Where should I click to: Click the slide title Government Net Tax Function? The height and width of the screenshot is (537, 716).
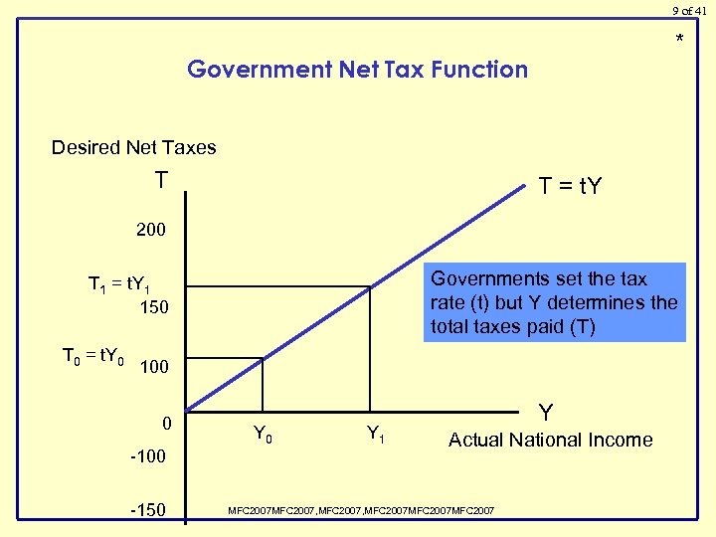pyautogui.click(x=357, y=70)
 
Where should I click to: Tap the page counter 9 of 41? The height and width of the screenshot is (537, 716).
pyautogui.click(x=690, y=10)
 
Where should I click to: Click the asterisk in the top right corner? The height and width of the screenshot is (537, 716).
pyautogui.click(x=680, y=40)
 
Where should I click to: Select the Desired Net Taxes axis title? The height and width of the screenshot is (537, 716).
pyautogui.click(x=133, y=147)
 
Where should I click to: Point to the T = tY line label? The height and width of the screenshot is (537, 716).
pyautogui.click(x=570, y=186)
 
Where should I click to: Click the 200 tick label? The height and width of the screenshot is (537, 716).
pyautogui.click(x=151, y=231)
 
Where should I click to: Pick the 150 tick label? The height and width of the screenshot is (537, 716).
pyautogui.click(x=154, y=307)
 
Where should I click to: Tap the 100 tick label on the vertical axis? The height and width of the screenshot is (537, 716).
pyautogui.click(x=154, y=367)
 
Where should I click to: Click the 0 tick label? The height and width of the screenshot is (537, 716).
pyautogui.click(x=168, y=424)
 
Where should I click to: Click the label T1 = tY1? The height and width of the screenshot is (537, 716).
pyautogui.click(x=119, y=285)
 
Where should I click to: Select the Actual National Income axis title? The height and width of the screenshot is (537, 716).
pyautogui.click(x=550, y=440)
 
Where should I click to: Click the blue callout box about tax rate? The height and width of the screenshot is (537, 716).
pyautogui.click(x=554, y=301)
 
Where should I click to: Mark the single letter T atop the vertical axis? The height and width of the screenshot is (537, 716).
pyautogui.click(x=161, y=180)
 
